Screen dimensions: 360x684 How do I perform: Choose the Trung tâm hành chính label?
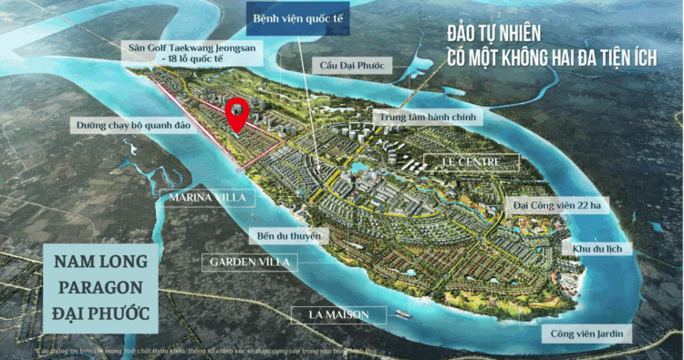point(426,118)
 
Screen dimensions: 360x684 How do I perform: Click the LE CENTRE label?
point(472,162)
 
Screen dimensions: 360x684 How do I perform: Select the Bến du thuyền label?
point(289,236)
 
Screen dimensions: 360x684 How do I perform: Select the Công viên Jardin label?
point(587,334)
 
